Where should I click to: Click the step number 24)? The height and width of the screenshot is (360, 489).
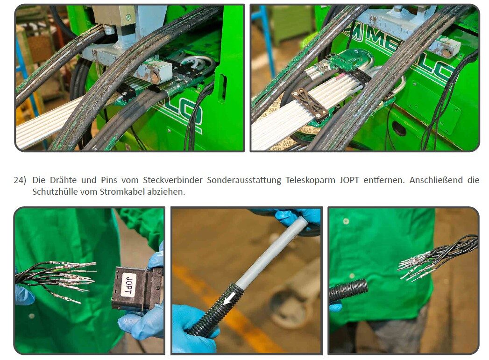(20, 180)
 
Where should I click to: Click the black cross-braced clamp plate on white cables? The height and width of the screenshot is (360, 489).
(310, 104)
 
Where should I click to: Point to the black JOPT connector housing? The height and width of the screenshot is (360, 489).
(137, 288)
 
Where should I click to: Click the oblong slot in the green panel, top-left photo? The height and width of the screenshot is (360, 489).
(222, 88)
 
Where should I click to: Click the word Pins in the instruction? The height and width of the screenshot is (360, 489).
(109, 180)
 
